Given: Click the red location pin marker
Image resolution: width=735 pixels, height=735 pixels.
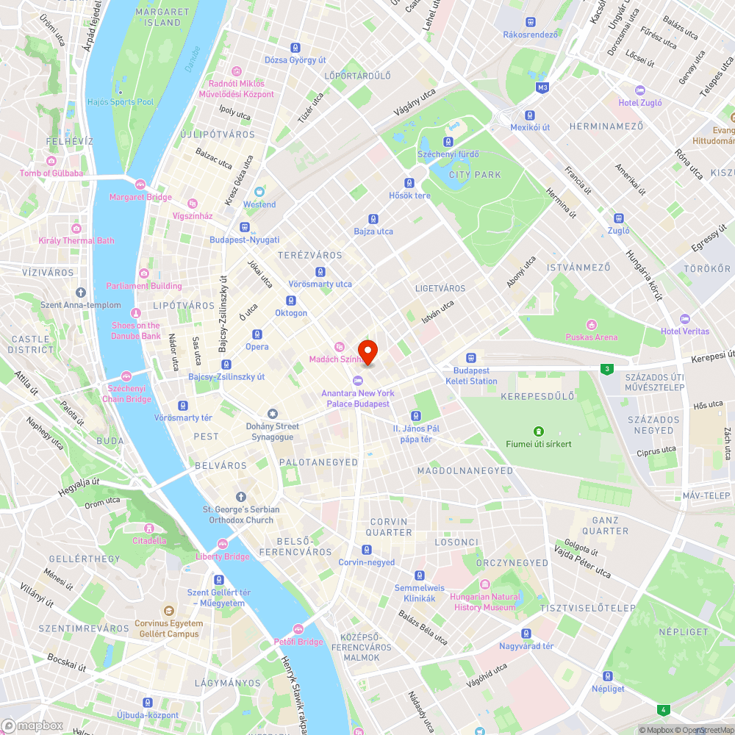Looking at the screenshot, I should point(367,351).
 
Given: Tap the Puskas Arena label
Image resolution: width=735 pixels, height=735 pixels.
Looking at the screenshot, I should point(592,337).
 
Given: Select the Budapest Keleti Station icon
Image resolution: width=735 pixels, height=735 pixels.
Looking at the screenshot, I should point(471,357).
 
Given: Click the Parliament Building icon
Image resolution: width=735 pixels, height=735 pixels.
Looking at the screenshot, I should point(143,273).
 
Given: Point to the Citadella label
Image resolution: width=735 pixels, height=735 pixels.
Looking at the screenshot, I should point(149,540).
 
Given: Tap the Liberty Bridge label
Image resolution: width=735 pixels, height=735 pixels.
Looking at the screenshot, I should point(222,556).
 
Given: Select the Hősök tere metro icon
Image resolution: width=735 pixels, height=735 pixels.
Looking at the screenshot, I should point(409,183).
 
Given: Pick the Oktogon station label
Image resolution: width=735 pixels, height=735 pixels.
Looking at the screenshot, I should point(291,313).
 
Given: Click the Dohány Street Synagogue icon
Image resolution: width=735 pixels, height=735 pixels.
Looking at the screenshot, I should point(273,414).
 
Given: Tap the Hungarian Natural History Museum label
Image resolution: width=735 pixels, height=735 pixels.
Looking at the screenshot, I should point(485,602).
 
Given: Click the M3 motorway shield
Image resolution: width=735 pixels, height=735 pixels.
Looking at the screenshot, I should point(542,88).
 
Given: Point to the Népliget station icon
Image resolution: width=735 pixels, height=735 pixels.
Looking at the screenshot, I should point(608,676).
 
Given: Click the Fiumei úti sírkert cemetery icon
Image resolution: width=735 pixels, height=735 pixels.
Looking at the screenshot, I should point(539,431).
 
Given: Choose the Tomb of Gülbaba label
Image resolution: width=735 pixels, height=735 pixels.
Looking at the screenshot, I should point(51,173).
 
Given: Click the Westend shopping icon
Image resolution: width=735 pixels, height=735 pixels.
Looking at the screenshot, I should point(259,192).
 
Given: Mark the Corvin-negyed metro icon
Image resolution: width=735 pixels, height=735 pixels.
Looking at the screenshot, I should point(366,550).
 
